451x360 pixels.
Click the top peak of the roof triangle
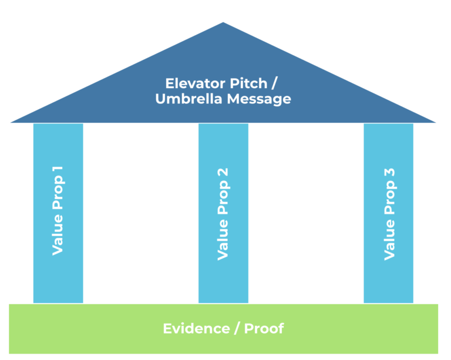[x=223, y=23]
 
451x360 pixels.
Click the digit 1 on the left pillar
[x=58, y=174]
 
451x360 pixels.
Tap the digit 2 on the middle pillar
[x=223, y=174]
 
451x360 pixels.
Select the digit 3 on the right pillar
[x=389, y=174]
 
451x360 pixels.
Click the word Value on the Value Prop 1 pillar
[x=58, y=236]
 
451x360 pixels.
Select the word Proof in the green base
[x=264, y=328]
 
